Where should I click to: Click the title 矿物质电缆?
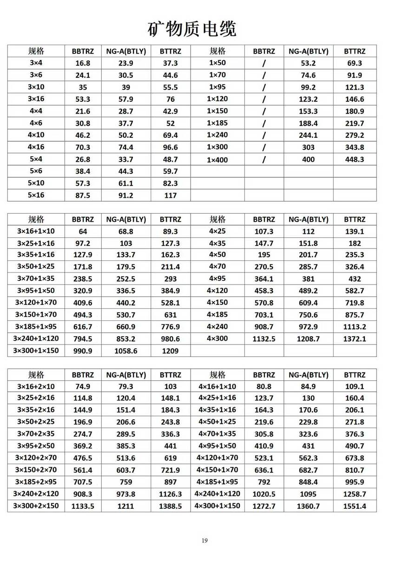192,29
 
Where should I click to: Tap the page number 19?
204,540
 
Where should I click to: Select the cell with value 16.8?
83,63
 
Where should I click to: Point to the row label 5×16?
36,195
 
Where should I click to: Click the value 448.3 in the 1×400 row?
355,159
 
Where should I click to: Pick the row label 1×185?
217,123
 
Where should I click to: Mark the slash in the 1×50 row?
264,63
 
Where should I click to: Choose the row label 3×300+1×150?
36,351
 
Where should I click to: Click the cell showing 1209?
170,351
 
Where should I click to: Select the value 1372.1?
355,339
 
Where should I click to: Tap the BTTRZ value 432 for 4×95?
355,279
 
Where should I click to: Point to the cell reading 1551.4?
355,506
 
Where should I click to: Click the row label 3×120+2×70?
36,458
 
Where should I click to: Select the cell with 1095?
308,494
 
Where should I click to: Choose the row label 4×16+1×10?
217,386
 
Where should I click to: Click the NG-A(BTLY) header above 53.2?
308,51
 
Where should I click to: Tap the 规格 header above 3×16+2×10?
36,375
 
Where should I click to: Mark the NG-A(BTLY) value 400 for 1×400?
308,159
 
